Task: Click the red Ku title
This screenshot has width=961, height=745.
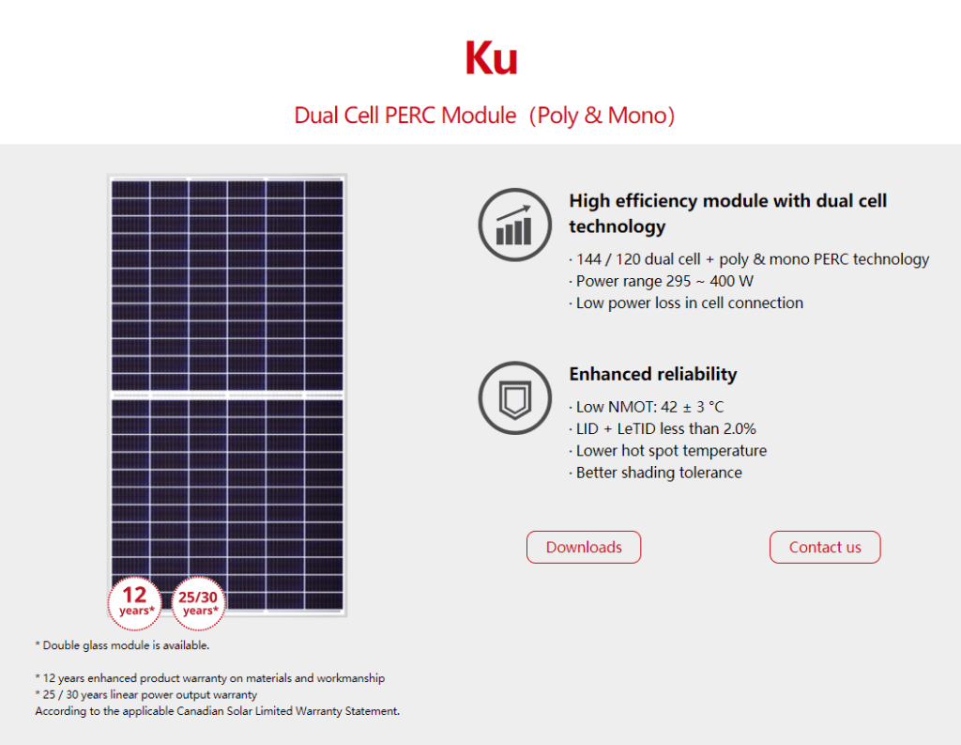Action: pos(492,58)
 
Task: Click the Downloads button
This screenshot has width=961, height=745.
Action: pos(584,547)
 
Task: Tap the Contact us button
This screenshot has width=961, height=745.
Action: pos(825,547)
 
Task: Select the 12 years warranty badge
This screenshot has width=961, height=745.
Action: pos(135,603)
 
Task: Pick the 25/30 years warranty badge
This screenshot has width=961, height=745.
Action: pos(198,603)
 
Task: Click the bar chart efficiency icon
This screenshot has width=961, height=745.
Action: pos(515,225)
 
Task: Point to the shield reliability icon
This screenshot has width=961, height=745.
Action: pos(515,397)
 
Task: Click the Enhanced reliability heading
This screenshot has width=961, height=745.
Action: pos(653,374)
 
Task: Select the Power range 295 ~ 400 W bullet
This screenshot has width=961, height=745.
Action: pos(662,281)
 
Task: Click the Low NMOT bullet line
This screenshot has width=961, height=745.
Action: pos(647,407)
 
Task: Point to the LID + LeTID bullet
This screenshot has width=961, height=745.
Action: pos(663,428)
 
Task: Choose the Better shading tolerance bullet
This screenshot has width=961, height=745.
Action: pos(655,473)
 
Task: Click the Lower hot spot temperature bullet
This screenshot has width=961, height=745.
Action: pos(668,450)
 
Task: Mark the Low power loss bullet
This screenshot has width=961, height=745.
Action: pos(686,303)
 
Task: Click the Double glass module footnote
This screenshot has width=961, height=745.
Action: pos(123,645)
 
